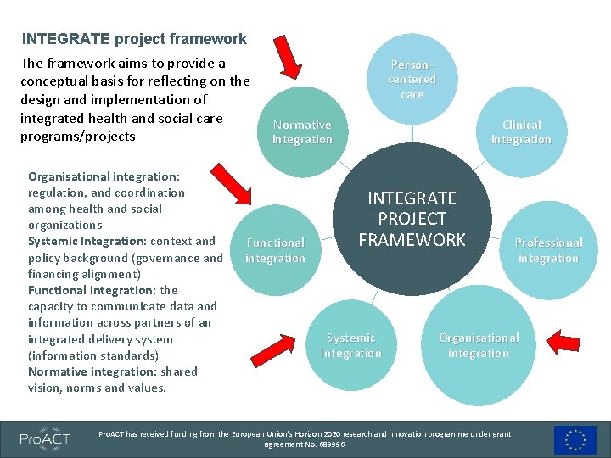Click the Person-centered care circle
click(412, 79)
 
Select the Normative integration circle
click(303, 131)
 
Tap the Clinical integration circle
click(521, 131)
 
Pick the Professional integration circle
click(548, 250)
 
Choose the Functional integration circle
click(275, 250)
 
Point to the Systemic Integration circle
click(350, 345)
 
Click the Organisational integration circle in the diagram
click(479, 345)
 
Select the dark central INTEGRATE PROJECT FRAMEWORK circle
click(412, 219)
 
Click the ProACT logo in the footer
click(46, 438)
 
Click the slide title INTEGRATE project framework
click(134, 39)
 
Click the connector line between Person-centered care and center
click(412, 134)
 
